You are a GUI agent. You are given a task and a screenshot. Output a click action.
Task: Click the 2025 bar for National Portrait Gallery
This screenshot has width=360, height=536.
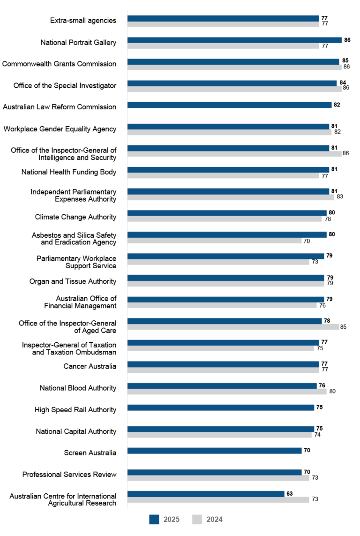click(234, 40)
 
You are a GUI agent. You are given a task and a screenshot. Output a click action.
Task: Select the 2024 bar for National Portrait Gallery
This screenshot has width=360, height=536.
click(223, 46)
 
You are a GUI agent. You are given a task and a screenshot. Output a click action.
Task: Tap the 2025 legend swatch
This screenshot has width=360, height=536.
click(155, 519)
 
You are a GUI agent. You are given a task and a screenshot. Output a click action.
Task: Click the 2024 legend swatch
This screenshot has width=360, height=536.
click(198, 519)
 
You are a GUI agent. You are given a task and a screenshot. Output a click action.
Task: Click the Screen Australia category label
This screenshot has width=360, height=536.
click(90, 453)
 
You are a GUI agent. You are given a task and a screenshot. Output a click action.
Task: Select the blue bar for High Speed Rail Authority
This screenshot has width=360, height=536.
click(220, 408)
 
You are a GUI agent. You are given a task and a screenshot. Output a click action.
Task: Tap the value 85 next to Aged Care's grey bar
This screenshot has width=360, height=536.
click(343, 327)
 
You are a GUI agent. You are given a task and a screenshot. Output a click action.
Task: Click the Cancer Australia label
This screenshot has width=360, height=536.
click(90, 366)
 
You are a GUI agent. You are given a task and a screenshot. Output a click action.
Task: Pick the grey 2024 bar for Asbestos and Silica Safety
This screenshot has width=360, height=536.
click(214, 241)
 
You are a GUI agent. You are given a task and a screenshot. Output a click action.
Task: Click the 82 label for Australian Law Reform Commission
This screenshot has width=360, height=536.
click(337, 105)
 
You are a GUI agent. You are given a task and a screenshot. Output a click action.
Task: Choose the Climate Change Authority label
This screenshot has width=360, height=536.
click(75, 217)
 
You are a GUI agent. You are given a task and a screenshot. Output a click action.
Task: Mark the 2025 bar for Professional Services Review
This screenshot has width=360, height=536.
click(214, 472)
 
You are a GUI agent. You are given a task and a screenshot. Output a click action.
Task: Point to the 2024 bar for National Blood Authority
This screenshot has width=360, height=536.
click(227, 392)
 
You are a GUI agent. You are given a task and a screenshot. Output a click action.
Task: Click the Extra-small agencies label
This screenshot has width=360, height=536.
click(83, 20)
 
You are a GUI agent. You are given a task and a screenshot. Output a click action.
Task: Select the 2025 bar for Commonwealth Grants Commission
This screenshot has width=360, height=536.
click(233, 62)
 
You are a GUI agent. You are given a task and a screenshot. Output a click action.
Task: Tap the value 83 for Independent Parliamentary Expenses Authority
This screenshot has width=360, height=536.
click(340, 197)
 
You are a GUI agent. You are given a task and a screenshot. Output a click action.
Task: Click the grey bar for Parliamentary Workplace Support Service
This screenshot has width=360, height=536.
click(218, 262)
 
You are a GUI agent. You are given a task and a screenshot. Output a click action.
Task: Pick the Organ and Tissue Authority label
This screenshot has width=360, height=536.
click(73, 282)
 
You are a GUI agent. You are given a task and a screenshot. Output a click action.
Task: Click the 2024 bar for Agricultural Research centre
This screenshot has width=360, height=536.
click(218, 499)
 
